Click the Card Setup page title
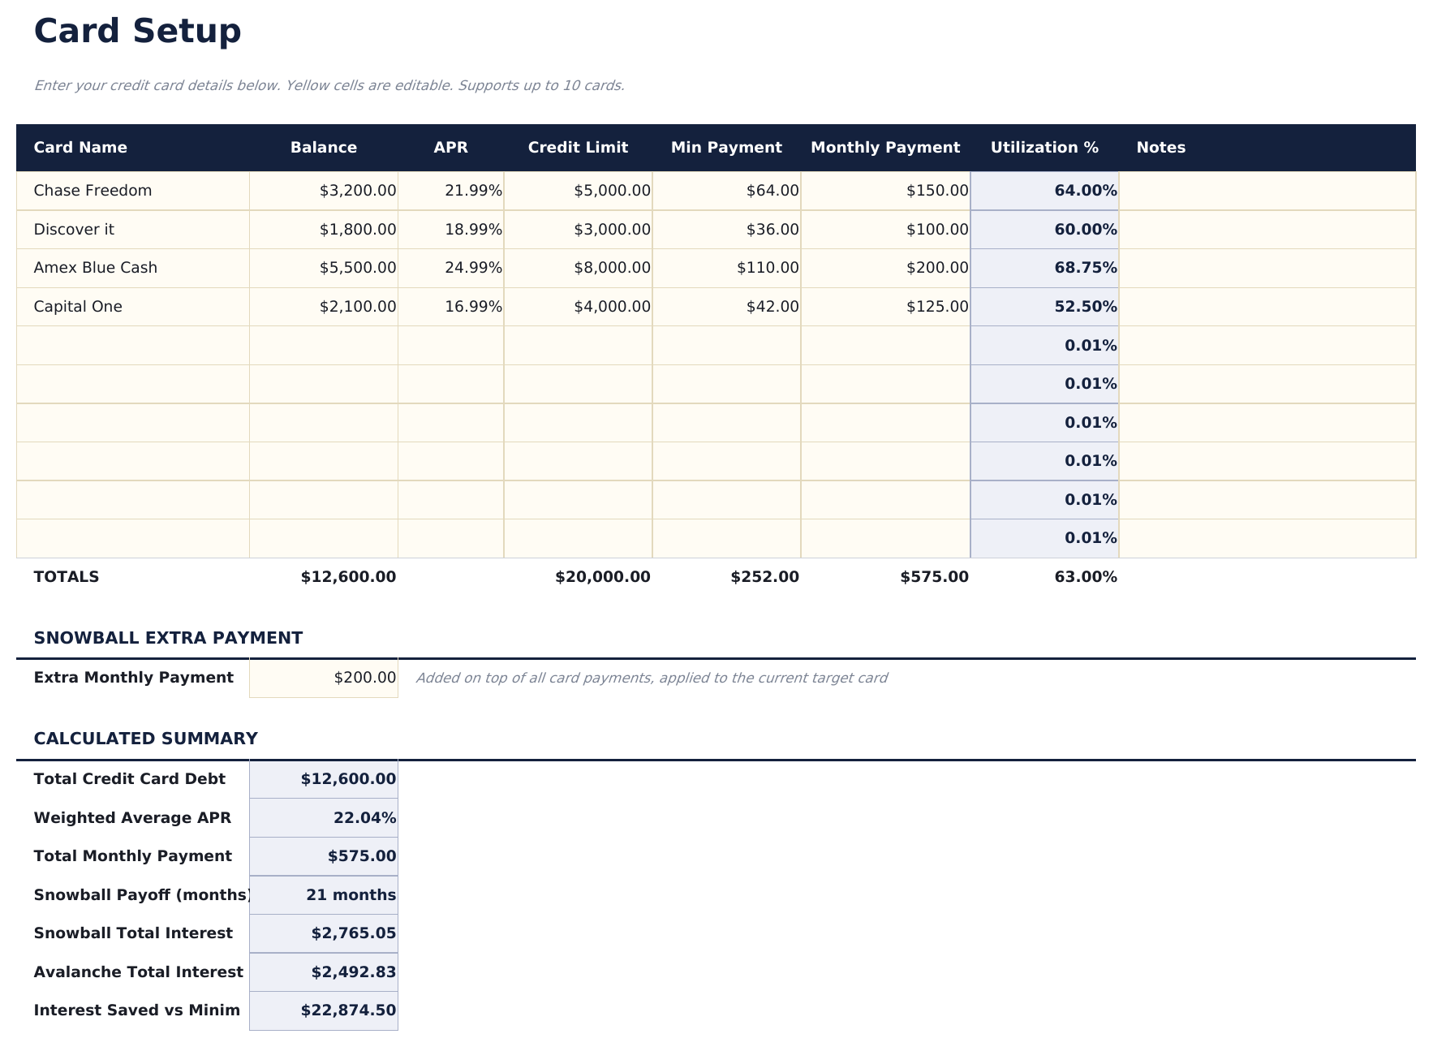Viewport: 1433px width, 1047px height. coord(137,32)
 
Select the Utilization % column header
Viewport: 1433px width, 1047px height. coord(1044,148)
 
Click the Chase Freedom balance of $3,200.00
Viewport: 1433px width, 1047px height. coord(357,191)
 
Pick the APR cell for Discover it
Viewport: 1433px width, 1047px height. coord(472,230)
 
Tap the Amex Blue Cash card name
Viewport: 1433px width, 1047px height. coord(96,268)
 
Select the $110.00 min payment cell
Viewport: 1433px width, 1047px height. coord(767,268)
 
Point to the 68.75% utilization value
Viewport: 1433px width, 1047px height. coord(1085,268)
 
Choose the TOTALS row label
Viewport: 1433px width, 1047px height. coord(67,577)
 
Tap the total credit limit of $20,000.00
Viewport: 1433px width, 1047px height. coord(602,577)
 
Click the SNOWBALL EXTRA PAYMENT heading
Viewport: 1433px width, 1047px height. coord(168,638)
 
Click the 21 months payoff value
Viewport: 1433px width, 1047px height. coord(351,895)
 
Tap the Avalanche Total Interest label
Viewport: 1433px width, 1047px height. coord(138,972)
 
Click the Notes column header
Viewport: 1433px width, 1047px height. coord(1160,148)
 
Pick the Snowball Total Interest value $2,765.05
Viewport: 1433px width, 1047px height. coord(353,933)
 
